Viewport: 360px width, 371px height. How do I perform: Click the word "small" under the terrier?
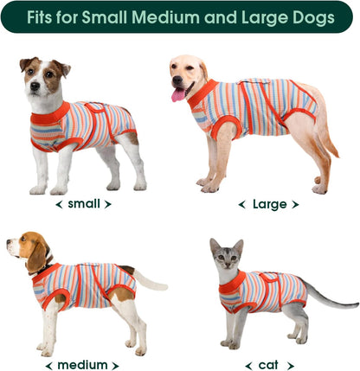[x=84, y=204]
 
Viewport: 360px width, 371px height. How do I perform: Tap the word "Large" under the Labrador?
[x=268, y=204]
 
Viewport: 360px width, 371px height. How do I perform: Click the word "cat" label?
[x=269, y=364]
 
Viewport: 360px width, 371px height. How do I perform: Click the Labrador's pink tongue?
[x=179, y=94]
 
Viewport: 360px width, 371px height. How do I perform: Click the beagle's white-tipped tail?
[x=151, y=282]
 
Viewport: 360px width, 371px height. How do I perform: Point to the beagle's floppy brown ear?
[x=35, y=255]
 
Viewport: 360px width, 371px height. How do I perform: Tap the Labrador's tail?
[x=325, y=130]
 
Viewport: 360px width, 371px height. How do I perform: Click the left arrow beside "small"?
[x=59, y=205]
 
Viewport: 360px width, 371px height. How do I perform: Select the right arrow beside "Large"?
[x=295, y=205]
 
